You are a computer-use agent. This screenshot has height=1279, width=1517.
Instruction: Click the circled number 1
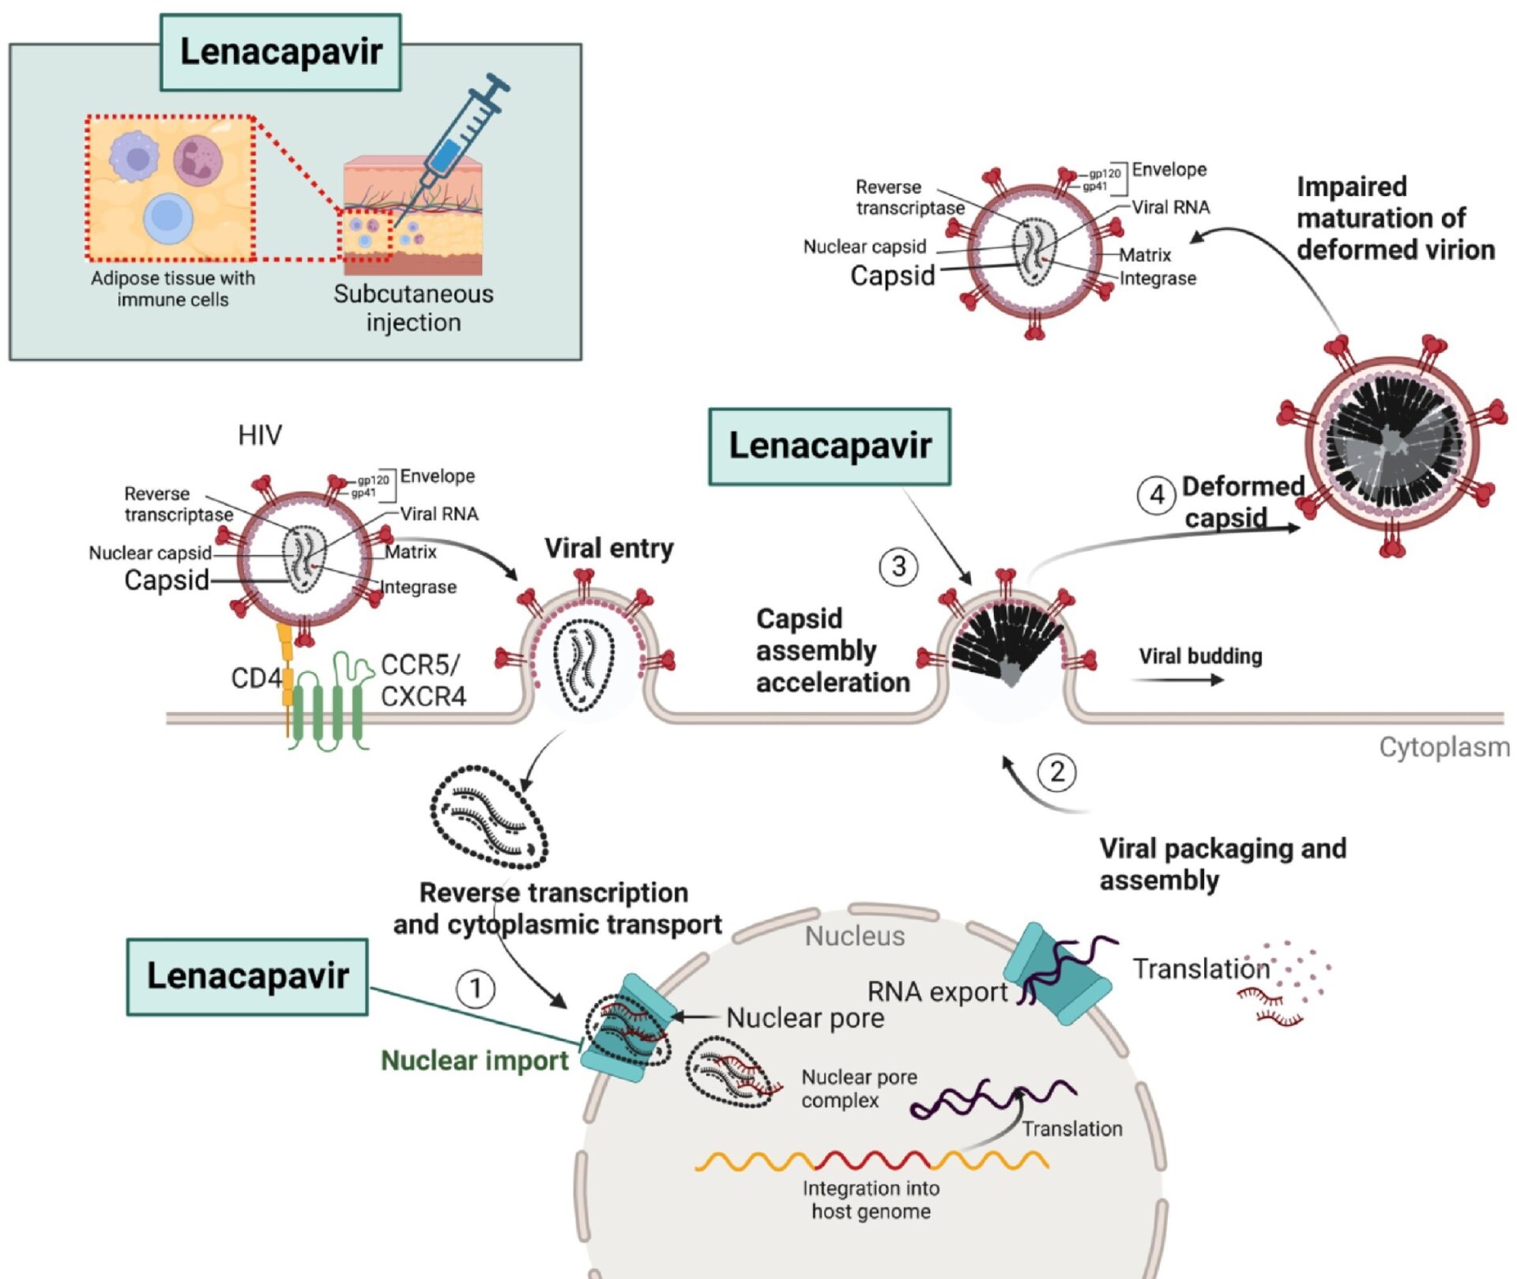[476, 989]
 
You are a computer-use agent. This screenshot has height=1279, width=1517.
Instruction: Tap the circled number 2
[1057, 772]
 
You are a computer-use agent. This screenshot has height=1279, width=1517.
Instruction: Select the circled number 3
[898, 567]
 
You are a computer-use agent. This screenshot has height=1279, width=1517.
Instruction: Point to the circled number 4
[1157, 495]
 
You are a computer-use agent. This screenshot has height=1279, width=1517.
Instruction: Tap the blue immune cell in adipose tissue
[168, 217]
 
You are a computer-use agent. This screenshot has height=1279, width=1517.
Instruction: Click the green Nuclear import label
[474, 1060]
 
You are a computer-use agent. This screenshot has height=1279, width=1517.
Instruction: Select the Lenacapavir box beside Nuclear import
[247, 976]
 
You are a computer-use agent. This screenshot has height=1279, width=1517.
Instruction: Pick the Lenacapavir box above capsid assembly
[830, 447]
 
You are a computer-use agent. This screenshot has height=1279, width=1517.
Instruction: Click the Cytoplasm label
[1444, 747]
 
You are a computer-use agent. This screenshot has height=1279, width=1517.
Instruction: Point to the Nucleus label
[854, 936]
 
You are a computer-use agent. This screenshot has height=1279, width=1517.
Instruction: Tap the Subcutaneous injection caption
[413, 308]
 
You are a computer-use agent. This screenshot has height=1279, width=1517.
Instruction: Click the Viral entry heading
[608, 548]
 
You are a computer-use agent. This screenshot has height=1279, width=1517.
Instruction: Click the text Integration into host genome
[871, 1199]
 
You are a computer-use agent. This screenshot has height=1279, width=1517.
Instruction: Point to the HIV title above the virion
[260, 435]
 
